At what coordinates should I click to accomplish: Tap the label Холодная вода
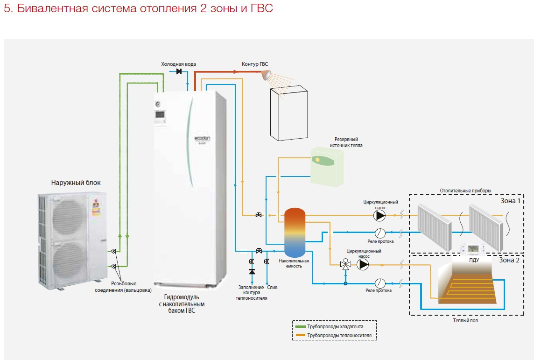coord(178,64)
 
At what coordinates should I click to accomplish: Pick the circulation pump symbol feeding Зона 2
coord(363,265)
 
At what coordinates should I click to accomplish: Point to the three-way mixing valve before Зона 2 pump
coord(346,265)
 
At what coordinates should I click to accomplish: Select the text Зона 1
coord(509,200)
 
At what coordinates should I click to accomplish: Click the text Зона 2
coord(509,260)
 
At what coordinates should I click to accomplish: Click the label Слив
coord(272,288)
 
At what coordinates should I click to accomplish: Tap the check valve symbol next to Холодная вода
coord(179,71)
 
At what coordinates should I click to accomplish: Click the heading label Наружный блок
coord(76,183)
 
